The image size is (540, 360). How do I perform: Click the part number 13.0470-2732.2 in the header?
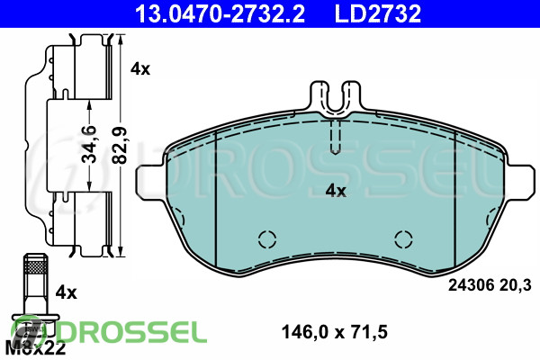[220, 13]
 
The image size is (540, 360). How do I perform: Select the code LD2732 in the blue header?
[378, 13]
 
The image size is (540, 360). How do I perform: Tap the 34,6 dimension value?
[89, 144]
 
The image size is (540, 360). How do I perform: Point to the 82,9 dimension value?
[121, 145]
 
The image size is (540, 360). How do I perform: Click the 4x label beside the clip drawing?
[140, 69]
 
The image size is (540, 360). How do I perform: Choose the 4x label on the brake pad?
[336, 191]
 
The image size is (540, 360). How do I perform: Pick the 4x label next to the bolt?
[66, 292]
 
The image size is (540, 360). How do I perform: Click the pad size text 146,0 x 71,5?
[335, 332]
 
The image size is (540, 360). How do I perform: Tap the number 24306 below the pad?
[471, 285]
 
